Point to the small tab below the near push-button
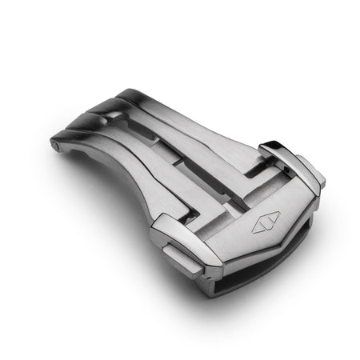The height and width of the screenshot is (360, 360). tap(183, 260)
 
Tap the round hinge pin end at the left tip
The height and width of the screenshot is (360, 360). tap(54, 145)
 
